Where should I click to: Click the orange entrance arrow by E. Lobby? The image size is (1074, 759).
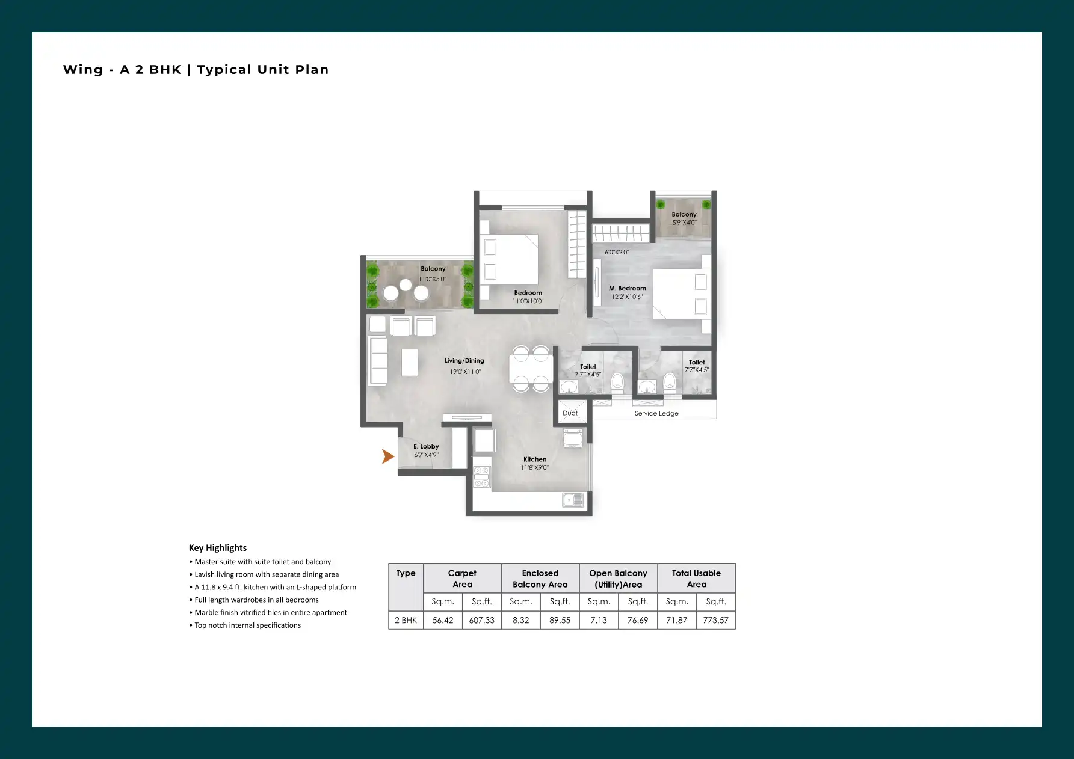point(388,456)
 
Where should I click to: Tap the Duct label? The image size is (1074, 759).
point(570,413)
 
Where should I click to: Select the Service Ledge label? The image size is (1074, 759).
point(656,414)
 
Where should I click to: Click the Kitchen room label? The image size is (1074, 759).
point(535,459)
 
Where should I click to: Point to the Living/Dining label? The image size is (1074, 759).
point(464,361)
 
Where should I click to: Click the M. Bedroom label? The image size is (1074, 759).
point(628,289)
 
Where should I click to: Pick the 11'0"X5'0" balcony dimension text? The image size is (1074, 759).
point(433,279)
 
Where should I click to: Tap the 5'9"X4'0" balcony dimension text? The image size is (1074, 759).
point(684,223)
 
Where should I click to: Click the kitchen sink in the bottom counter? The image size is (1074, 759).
point(573,500)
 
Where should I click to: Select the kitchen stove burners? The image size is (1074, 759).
point(481,476)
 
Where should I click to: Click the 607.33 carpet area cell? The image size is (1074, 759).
point(482,621)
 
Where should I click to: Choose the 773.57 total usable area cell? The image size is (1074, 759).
point(716,621)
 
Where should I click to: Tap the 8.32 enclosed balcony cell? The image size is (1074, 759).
point(521,621)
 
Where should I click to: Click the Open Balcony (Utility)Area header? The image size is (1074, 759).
point(619,579)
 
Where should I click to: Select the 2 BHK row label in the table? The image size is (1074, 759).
point(406,621)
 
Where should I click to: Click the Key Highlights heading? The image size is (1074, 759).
point(218,548)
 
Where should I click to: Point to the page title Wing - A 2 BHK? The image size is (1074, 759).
point(122,70)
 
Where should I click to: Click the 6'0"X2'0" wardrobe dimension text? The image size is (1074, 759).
point(617,253)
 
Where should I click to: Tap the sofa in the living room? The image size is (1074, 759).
point(378,361)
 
